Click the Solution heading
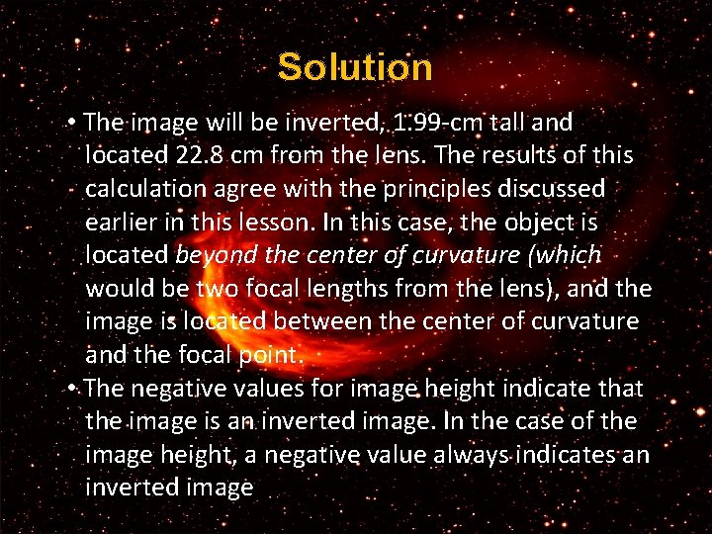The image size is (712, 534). click(355, 67)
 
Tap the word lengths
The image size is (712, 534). click(394, 289)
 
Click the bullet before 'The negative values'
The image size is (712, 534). click(75, 389)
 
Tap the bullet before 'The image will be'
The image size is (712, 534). click(75, 123)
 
